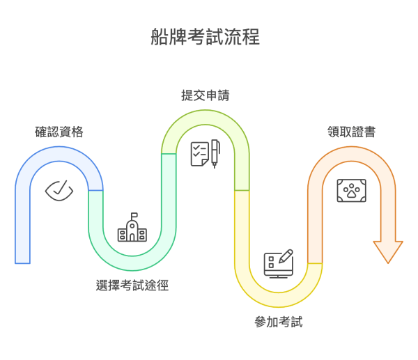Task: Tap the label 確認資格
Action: click(59, 132)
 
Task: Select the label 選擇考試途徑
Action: click(132, 285)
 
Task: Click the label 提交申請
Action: click(206, 95)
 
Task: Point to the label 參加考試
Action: click(279, 322)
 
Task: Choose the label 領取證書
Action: click(352, 132)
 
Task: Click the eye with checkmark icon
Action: click(59, 189)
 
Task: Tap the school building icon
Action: click(132, 228)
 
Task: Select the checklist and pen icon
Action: click(206, 153)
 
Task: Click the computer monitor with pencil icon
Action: click(279, 263)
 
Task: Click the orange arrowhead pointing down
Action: click(388, 251)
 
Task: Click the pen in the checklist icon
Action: click(215, 153)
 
